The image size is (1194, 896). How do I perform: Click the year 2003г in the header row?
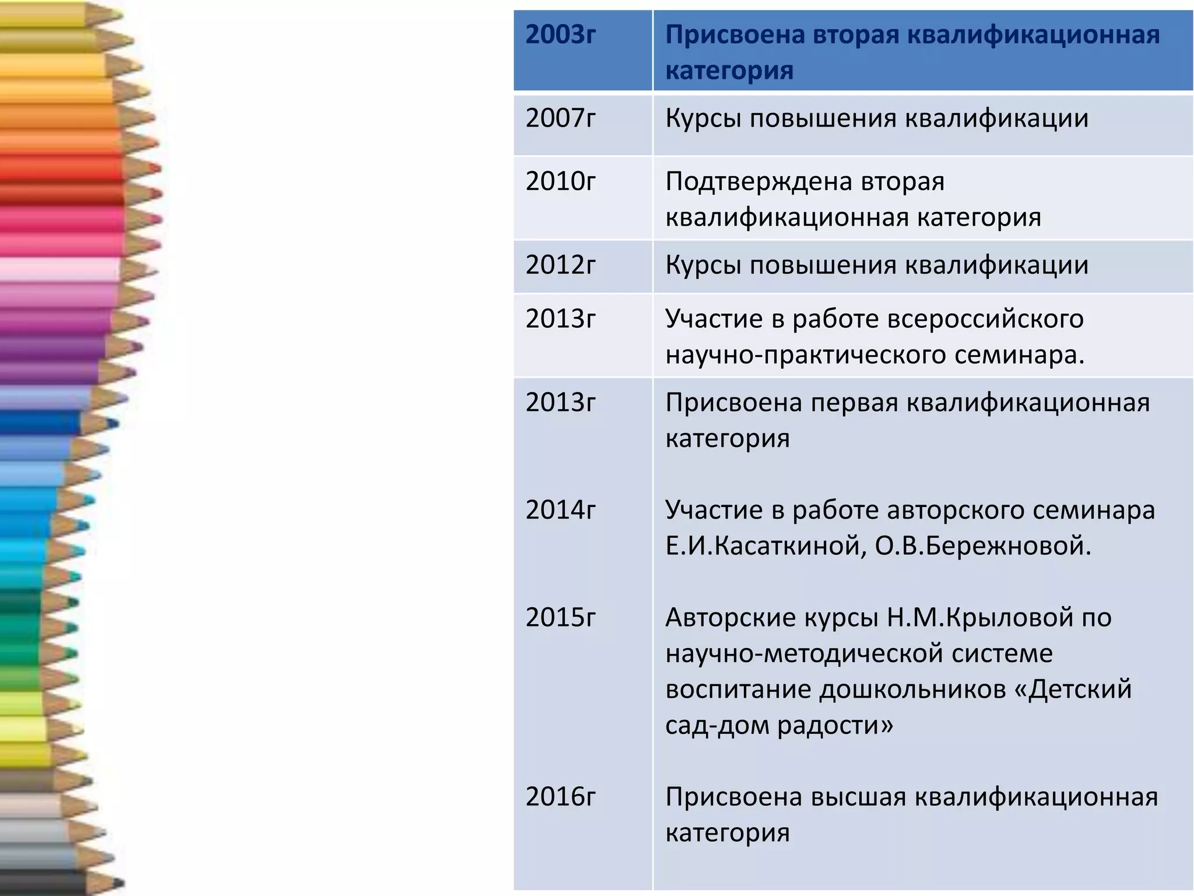pos(560,36)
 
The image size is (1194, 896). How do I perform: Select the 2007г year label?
pos(560,118)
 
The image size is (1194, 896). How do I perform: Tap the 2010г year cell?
pos(560,181)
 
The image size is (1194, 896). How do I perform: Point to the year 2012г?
pos(560,265)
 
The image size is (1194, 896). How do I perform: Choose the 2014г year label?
pos(560,510)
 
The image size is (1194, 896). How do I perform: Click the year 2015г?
pos(560,618)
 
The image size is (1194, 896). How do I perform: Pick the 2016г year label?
pos(560,797)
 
